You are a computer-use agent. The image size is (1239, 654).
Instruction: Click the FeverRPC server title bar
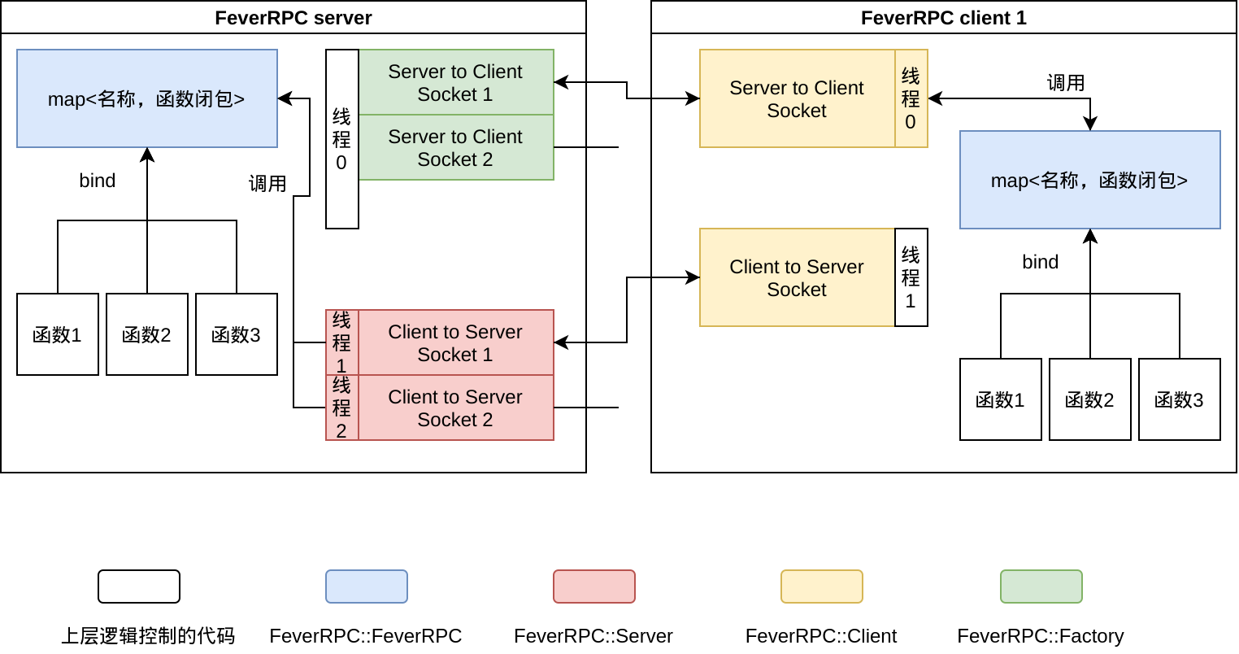click(x=293, y=18)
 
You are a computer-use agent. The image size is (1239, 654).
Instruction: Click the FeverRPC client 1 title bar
click(x=943, y=18)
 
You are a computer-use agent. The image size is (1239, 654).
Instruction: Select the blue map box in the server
click(x=147, y=98)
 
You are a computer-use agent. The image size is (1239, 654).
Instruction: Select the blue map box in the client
click(x=1089, y=180)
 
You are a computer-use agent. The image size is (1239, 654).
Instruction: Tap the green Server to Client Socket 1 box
click(x=455, y=82)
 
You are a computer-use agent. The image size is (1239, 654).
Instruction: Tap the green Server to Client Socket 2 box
click(x=455, y=147)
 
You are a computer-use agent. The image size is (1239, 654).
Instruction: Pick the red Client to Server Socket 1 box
click(x=455, y=342)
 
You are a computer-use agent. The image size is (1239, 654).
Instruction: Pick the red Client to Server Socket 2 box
click(x=455, y=408)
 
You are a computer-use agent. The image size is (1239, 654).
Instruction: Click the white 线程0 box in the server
click(x=341, y=139)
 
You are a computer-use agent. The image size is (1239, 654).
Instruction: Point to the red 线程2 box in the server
click(x=341, y=408)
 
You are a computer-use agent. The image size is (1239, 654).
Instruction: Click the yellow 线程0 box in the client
click(x=911, y=98)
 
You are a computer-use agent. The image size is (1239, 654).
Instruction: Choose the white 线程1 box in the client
click(x=911, y=277)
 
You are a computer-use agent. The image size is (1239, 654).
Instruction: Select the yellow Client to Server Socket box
click(x=797, y=277)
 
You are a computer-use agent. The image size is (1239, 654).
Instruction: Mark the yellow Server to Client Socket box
click(x=797, y=98)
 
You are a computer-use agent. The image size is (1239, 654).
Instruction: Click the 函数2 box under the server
click(x=146, y=334)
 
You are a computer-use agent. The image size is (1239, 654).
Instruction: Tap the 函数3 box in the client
click(x=1179, y=399)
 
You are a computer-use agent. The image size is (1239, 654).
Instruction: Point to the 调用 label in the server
click(x=267, y=184)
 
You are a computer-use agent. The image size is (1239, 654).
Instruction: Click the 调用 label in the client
click(x=1066, y=83)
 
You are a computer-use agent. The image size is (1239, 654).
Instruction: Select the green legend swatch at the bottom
click(x=1041, y=586)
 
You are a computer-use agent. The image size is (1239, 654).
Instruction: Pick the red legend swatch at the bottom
click(x=593, y=586)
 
